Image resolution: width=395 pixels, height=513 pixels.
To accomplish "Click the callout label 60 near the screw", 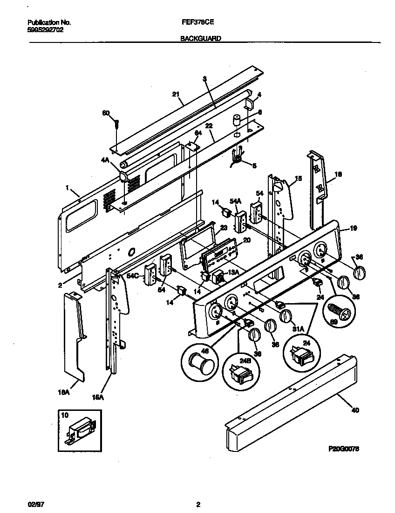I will click(x=106, y=113).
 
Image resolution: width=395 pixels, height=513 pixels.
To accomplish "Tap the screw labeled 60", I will click(x=117, y=124).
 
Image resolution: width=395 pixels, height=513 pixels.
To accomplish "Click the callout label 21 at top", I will click(x=176, y=94).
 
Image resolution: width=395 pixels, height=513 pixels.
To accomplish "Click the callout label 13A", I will click(x=232, y=272).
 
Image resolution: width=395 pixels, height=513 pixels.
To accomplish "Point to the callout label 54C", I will click(x=132, y=276).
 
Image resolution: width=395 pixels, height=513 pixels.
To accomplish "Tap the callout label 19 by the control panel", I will click(x=353, y=229).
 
